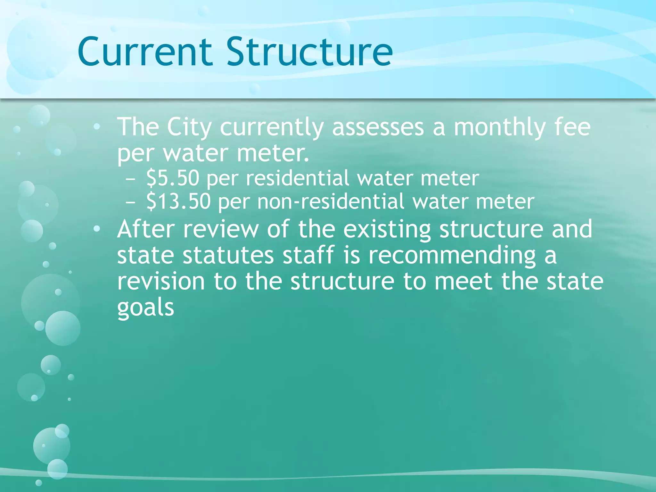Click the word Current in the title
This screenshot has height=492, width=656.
pyautogui.click(x=145, y=52)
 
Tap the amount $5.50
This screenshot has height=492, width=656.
pyautogui.click(x=173, y=178)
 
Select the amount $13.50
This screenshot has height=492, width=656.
pyautogui.click(x=178, y=202)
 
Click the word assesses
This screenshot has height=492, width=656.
pyautogui.click(x=378, y=127)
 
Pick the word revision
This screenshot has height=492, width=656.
pyautogui.click(x=161, y=281)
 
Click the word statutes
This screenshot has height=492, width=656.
pyautogui.click(x=228, y=256)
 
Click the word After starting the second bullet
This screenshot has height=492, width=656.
pyautogui.click(x=146, y=229)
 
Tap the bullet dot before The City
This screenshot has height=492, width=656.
pyautogui.click(x=97, y=127)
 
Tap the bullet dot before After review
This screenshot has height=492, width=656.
pyautogui.click(x=97, y=229)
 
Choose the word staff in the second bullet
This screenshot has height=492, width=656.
pyautogui.click(x=308, y=256)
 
